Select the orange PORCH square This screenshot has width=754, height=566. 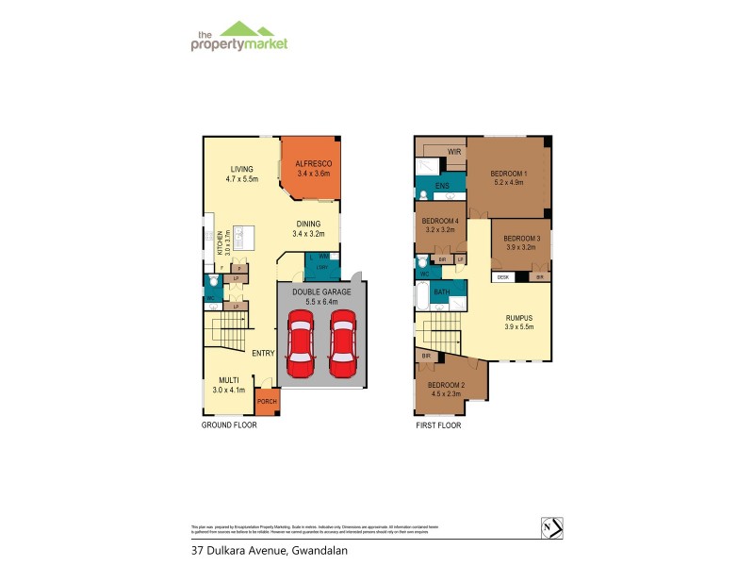click(267, 403)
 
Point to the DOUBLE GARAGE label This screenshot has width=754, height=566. click(321, 292)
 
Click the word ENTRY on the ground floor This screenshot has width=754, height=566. click(263, 353)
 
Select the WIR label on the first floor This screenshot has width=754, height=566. click(453, 151)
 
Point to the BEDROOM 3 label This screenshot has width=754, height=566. click(521, 239)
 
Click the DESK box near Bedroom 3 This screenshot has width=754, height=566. click(503, 277)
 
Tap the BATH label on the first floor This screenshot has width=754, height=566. click(441, 293)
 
